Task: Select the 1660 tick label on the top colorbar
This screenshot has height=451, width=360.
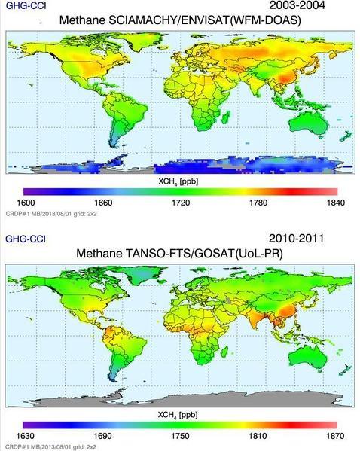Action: [103, 203]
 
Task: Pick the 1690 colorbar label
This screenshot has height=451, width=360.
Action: [103, 436]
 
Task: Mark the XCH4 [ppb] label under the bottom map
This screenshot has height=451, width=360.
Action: [180, 415]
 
